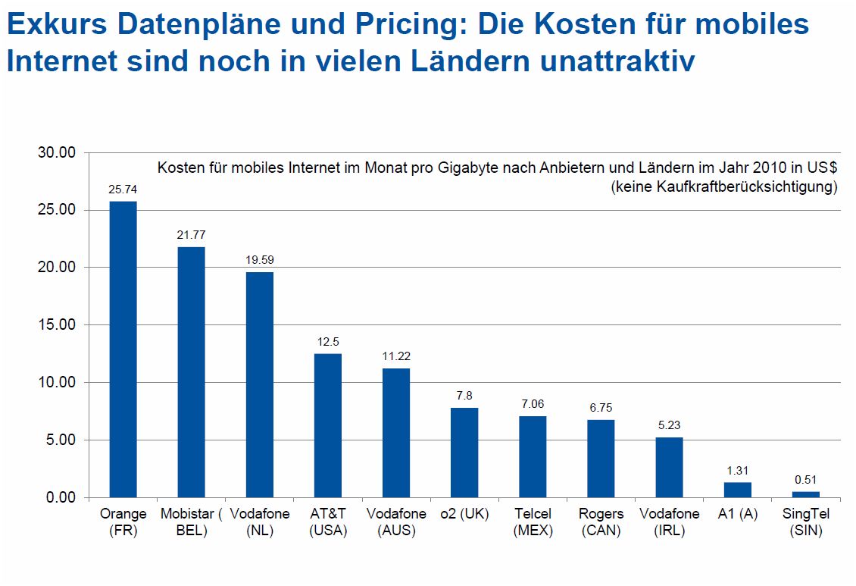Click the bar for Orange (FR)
click(123, 349)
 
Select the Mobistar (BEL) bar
click(192, 371)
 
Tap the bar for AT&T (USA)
click(328, 425)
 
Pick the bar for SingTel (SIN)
click(806, 494)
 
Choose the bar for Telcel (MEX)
click(533, 456)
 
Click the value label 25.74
click(123, 189)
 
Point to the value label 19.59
click(260, 259)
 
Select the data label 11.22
click(396, 356)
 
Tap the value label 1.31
click(737, 470)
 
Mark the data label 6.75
click(601, 408)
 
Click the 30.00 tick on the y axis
click(58, 152)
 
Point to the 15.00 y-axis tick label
click(58, 325)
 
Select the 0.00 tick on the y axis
click(61, 498)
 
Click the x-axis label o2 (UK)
click(464, 514)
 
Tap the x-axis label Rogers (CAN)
click(601, 522)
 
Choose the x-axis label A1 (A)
click(737, 514)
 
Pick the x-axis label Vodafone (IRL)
click(669, 522)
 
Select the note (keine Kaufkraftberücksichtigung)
click(724, 186)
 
